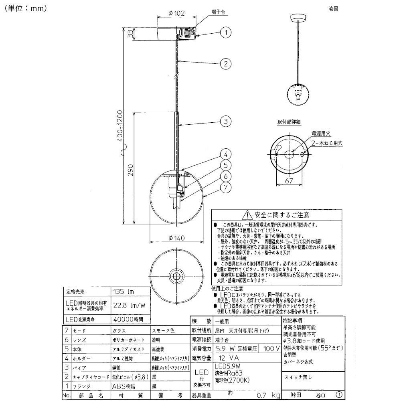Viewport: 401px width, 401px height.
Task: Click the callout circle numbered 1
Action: [x=226, y=32]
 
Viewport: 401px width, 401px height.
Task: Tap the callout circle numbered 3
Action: [x=226, y=121]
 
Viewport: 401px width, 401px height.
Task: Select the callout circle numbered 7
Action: [x=226, y=187]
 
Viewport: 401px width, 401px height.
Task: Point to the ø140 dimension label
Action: [x=176, y=238]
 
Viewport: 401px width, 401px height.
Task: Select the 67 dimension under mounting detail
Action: [x=288, y=181]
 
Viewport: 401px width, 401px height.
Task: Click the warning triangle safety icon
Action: [x=249, y=215]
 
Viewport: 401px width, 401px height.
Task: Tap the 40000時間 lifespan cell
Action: [x=126, y=320]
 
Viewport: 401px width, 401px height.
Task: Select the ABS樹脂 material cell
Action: [x=124, y=387]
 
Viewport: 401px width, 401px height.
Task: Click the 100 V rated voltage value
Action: [x=271, y=348]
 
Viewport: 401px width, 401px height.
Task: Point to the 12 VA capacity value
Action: [x=230, y=358]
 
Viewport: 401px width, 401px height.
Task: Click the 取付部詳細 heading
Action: [x=289, y=121]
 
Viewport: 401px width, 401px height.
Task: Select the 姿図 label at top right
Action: [x=333, y=8]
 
